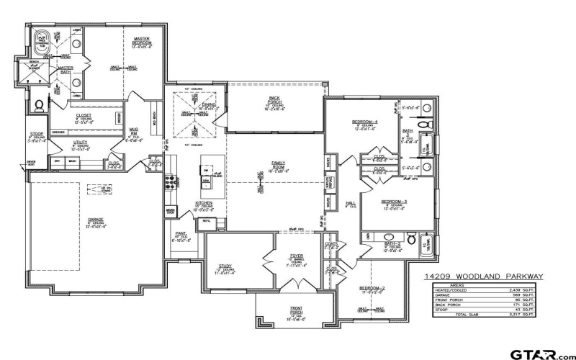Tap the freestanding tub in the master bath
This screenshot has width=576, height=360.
42,38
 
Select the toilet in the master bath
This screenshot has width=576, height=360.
39,106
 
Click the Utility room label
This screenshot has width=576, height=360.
80,143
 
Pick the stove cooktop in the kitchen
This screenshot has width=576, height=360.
172,182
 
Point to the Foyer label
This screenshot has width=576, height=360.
297,255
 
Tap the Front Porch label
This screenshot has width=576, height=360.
297,310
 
